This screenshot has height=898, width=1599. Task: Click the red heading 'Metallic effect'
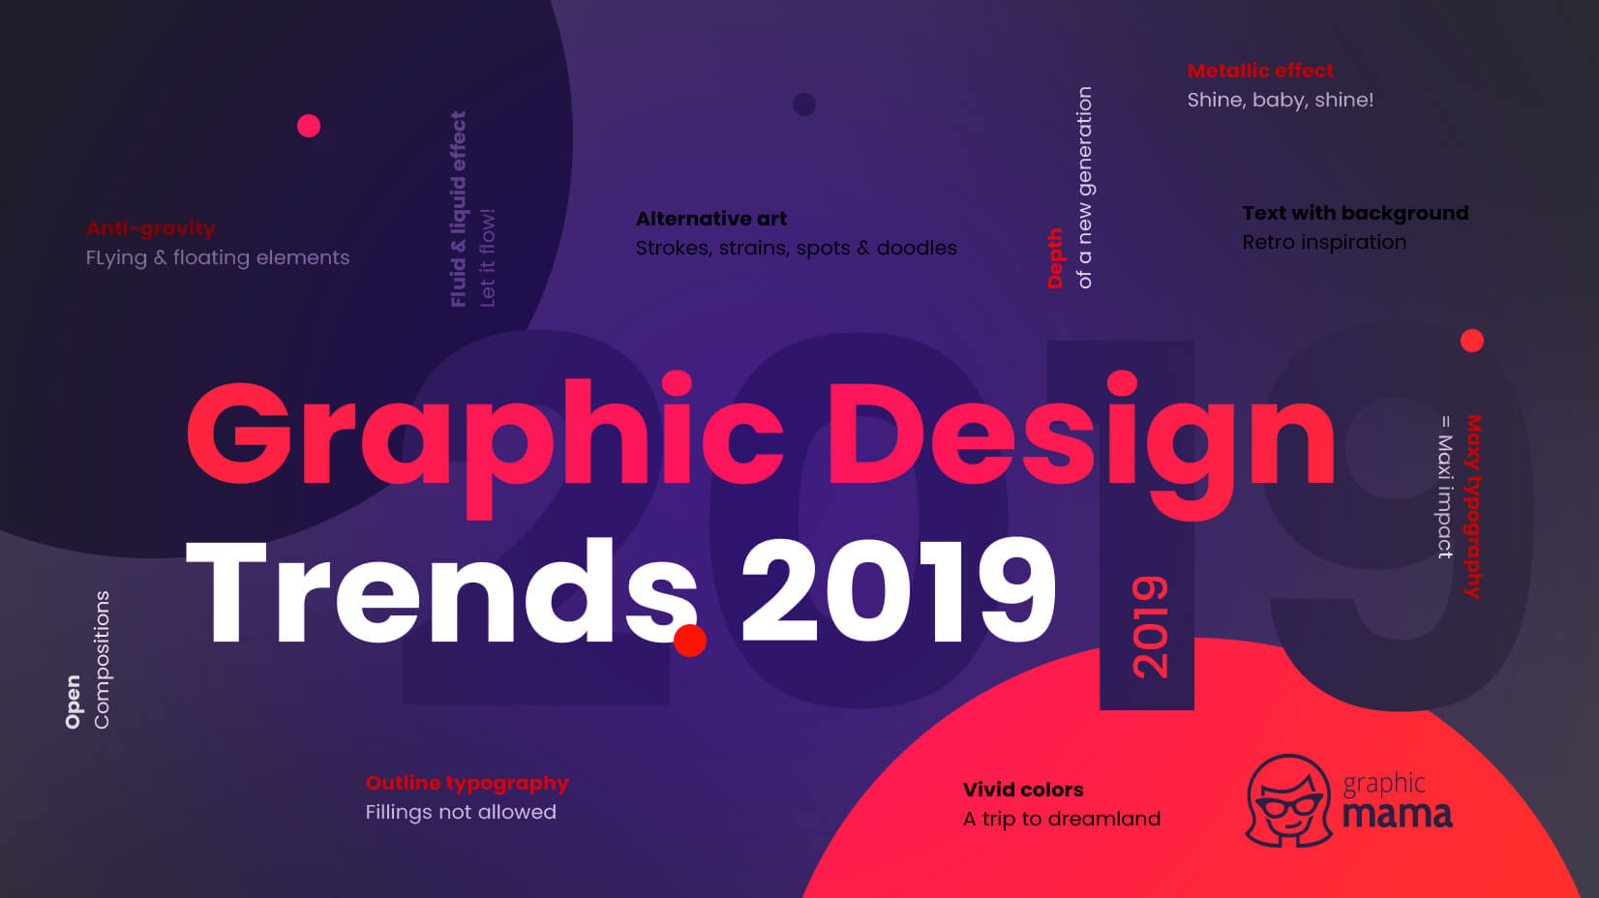coord(1260,71)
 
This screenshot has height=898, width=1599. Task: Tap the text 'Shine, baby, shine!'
coord(1280,100)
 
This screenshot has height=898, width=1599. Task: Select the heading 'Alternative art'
coord(711,219)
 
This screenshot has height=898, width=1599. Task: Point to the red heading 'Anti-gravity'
coord(151,228)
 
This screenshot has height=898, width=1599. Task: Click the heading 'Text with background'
coord(1355,213)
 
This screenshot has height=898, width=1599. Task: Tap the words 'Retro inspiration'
coord(1324,242)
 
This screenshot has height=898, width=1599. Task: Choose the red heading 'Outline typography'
coord(467,783)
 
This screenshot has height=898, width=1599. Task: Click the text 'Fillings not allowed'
coord(461,812)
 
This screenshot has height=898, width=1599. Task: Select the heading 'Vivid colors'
coord(1023,790)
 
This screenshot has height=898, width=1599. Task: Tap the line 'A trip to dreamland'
coord(1062,819)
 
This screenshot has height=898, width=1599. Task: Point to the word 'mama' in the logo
coord(1397,814)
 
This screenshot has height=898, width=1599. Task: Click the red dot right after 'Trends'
coord(690,641)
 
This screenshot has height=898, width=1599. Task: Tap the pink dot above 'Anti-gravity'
coord(309,126)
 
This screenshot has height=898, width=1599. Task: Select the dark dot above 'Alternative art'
coord(803,105)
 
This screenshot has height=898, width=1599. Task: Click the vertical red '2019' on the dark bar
coord(1150,627)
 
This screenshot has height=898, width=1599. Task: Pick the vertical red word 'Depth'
coord(1055,258)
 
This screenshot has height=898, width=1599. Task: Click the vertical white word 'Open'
coord(73,702)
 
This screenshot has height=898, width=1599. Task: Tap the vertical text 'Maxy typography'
coord(1472,506)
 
